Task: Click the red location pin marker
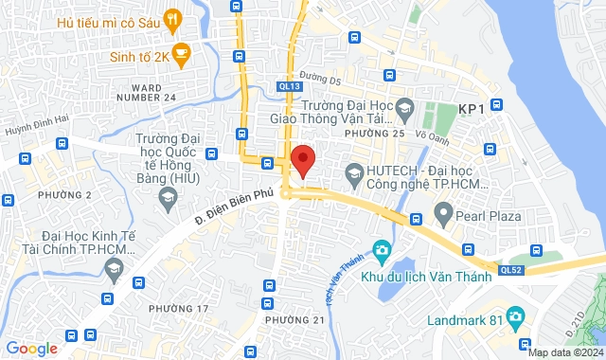tap(303, 159)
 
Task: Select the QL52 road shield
tap(511, 270)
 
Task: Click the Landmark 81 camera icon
tap(515, 315)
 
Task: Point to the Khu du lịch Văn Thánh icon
tap(383, 252)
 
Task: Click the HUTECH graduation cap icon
tap(355, 172)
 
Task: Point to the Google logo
tap(30, 349)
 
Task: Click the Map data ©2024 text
tap(565, 352)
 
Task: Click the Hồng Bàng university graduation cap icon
tap(169, 198)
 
